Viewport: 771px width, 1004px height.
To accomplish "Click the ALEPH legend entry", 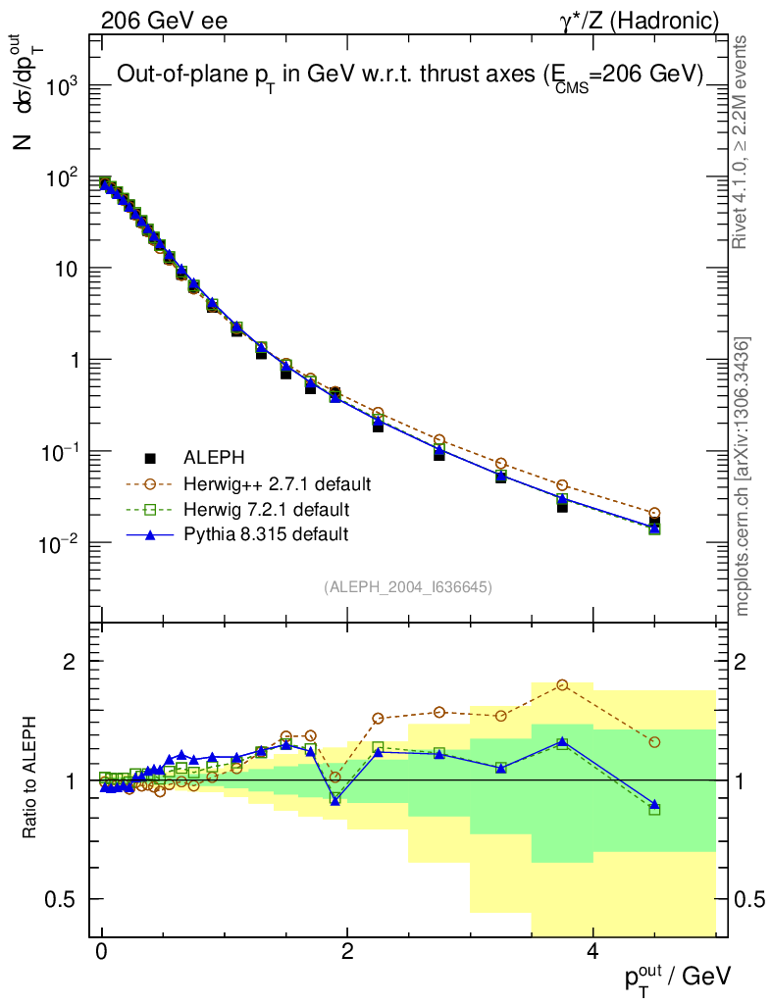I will click(x=213, y=458).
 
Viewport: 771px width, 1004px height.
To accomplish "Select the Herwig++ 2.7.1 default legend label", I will click(x=277, y=484).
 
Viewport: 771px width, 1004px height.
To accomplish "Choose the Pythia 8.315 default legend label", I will click(x=265, y=534).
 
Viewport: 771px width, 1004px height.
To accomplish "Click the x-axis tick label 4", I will click(x=592, y=952).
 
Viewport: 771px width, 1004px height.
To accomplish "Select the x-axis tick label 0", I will click(x=102, y=952).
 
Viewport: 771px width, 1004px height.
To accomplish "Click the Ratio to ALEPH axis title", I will click(x=30, y=779).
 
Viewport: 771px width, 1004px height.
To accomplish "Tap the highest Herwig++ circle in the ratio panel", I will click(x=562, y=685).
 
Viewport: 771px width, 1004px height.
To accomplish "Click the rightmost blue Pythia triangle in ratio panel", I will click(x=654, y=804).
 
